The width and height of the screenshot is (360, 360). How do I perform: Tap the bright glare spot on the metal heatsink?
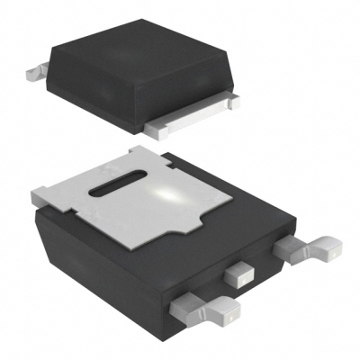point(171,194)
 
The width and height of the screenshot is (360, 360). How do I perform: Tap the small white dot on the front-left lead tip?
point(229,317)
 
